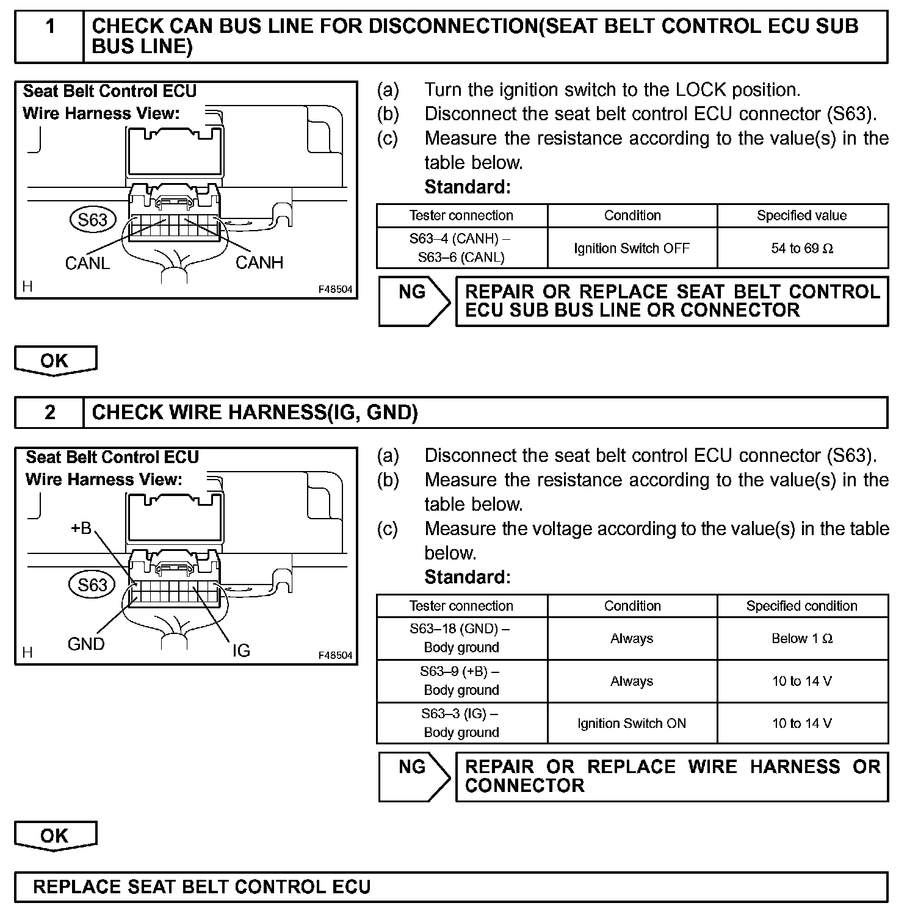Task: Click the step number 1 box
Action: point(49,37)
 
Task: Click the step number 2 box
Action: point(49,412)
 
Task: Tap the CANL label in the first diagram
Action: point(87,263)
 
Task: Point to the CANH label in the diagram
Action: point(259,262)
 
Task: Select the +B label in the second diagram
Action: point(81,528)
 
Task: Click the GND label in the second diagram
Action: point(86,644)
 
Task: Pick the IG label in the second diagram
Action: point(241,650)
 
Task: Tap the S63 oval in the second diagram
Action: point(92,585)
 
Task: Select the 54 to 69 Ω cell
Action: point(802,248)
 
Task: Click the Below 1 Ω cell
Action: point(802,638)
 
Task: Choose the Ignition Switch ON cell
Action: point(632,723)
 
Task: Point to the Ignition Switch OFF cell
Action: point(632,248)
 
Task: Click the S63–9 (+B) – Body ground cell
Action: point(461,681)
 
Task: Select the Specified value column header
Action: point(802,215)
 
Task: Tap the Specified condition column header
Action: point(802,606)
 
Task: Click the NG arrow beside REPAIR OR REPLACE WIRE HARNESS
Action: point(413,776)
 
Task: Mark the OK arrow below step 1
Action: point(55,361)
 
